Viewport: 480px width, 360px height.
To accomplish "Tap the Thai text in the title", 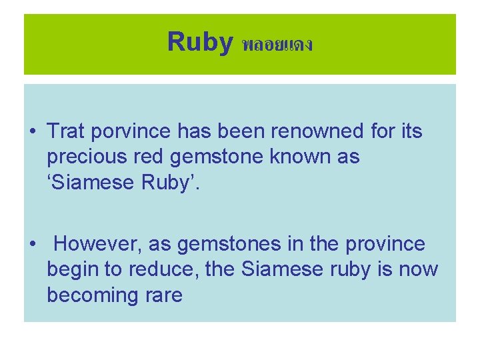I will tap(277, 45).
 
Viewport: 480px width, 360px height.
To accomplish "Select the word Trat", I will tap(67, 132).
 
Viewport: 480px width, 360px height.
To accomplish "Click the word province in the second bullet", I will tap(385, 245).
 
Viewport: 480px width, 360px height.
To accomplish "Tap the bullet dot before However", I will tap(33, 245).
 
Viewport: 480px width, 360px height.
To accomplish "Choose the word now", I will tap(419, 270).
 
